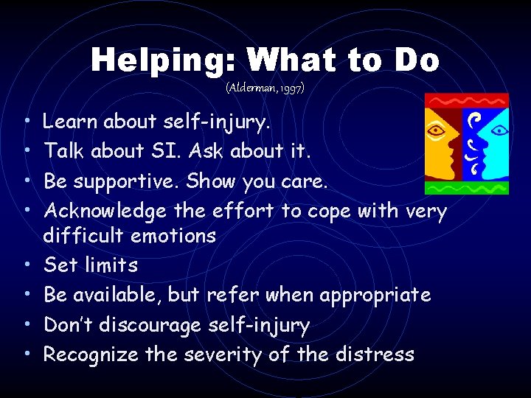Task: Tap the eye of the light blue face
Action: click(501, 131)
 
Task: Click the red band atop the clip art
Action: click(466, 99)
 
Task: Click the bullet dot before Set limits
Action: click(26, 265)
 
